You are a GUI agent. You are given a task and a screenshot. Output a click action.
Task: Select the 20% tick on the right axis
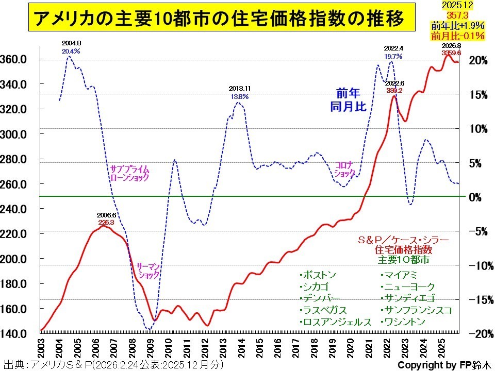point(478,60)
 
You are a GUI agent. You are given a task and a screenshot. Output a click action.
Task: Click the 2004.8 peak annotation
point(71,44)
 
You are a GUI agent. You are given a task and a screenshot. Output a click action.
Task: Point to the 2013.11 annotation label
point(240,89)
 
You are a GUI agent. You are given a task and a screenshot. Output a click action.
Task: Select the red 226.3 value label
point(107,222)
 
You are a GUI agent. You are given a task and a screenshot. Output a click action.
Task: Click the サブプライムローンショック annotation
point(129,173)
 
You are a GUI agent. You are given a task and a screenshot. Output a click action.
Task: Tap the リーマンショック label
point(149,271)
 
